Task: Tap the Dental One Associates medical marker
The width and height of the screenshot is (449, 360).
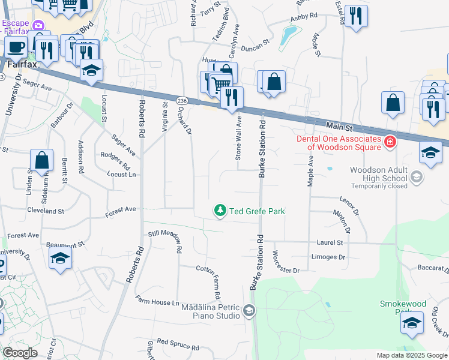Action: [390, 142]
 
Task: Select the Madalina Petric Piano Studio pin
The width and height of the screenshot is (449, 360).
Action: [249, 310]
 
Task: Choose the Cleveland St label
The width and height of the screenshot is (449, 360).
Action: [45, 211]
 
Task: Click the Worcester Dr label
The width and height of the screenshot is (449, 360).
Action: [287, 263]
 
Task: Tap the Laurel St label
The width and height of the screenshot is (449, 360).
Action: [330, 243]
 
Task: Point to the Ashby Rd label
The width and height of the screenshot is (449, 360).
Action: [303, 17]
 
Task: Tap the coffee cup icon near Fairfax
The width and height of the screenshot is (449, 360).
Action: [17, 47]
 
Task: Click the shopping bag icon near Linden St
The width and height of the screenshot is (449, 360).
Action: [42, 160]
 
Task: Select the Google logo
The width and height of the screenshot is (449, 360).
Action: [20, 353]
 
